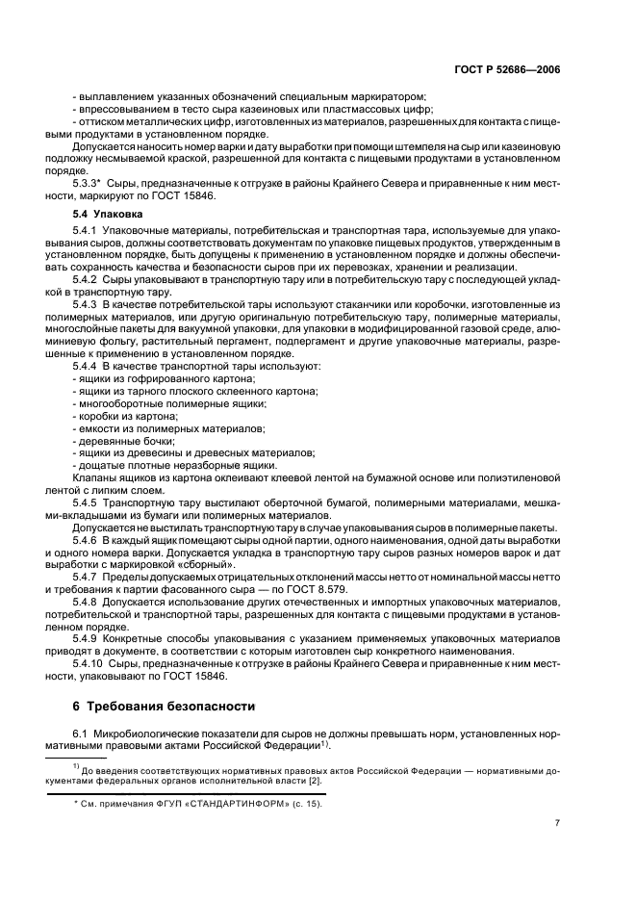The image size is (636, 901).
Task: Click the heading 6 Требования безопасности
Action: [165, 706]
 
